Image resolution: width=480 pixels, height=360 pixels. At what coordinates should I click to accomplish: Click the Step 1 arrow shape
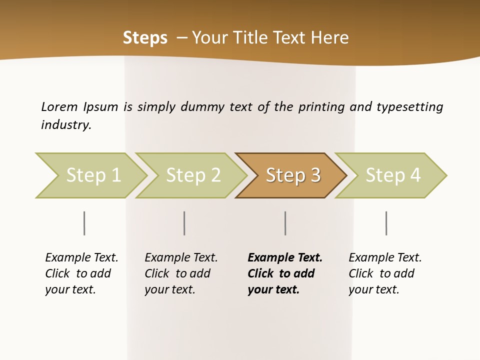pyautogui.click(x=92, y=175)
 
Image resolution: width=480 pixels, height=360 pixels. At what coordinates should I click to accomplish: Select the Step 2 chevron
pyautogui.click(x=192, y=175)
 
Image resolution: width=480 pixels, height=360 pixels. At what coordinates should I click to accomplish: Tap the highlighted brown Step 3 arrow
pyautogui.click(x=292, y=175)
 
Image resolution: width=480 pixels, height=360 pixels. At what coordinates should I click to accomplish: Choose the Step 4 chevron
pyautogui.click(x=392, y=175)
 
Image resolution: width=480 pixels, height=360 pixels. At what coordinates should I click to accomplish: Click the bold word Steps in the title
pyautogui.click(x=145, y=38)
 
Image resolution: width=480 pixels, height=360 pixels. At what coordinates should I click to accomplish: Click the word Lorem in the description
pyautogui.click(x=59, y=106)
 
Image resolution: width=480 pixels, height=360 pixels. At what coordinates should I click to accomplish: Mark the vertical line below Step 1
pyautogui.click(x=84, y=223)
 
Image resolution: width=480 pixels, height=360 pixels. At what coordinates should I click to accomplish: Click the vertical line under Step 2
pyautogui.click(x=184, y=223)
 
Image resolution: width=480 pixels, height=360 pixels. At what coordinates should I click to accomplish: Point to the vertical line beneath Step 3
pyautogui.click(x=285, y=223)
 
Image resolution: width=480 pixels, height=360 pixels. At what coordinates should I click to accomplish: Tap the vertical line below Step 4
pyautogui.click(x=386, y=223)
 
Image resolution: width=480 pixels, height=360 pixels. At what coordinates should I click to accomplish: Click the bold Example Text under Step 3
pyautogui.click(x=285, y=257)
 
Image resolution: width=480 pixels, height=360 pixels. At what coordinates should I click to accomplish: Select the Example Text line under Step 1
pyautogui.click(x=81, y=257)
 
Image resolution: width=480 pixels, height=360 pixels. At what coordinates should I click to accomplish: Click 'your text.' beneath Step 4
pyautogui.click(x=373, y=289)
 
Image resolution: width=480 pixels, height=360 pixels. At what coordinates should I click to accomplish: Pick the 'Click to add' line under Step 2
pyautogui.click(x=177, y=273)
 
